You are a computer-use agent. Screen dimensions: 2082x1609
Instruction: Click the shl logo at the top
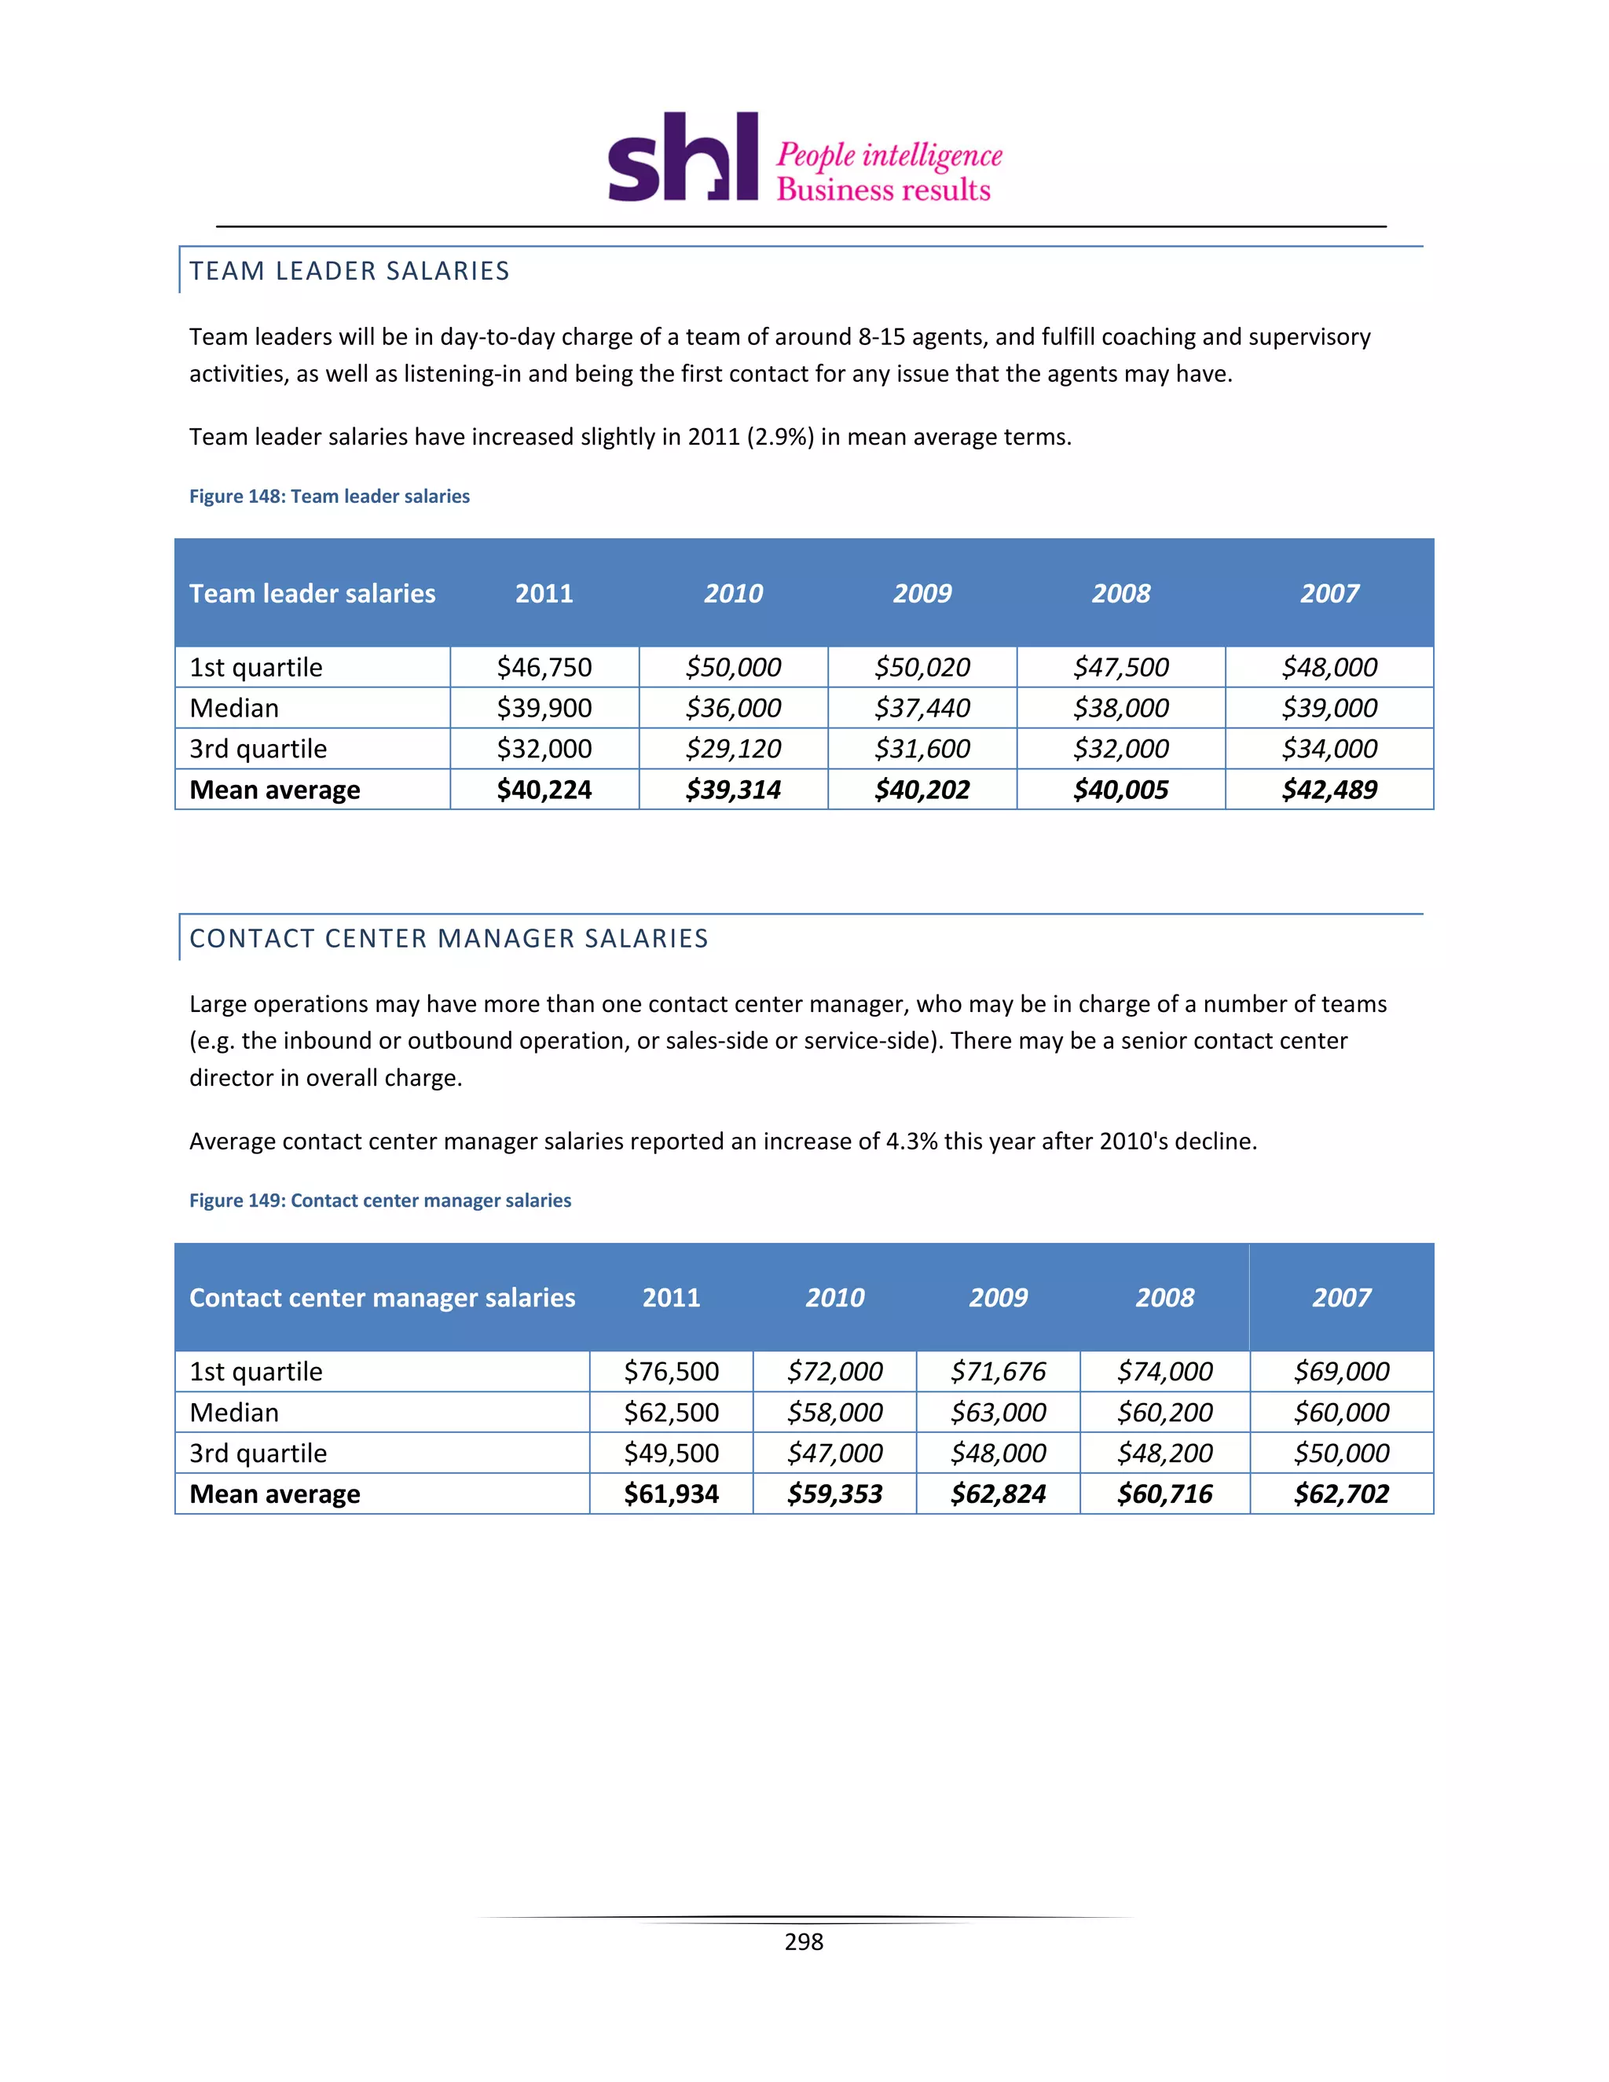[683, 157]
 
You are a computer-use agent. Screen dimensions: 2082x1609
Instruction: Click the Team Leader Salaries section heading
[349, 271]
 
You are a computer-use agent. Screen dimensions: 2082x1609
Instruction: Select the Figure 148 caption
[329, 496]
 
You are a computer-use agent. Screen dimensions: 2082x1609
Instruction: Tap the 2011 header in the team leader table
[544, 593]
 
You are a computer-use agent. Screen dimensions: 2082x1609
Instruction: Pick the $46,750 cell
[544, 667]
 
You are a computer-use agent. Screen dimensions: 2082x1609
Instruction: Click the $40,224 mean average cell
[544, 790]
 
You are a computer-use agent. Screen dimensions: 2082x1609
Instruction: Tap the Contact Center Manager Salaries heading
[448, 938]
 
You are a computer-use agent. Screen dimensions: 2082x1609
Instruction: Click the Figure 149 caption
[379, 1200]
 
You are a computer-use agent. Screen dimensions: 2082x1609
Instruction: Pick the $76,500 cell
[671, 1372]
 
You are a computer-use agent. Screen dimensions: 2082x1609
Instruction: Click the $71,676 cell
[998, 1372]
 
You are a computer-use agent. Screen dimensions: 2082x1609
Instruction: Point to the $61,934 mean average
[671, 1494]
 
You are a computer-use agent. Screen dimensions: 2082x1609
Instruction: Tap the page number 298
[804, 1942]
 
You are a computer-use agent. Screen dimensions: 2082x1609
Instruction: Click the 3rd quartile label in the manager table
[258, 1453]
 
